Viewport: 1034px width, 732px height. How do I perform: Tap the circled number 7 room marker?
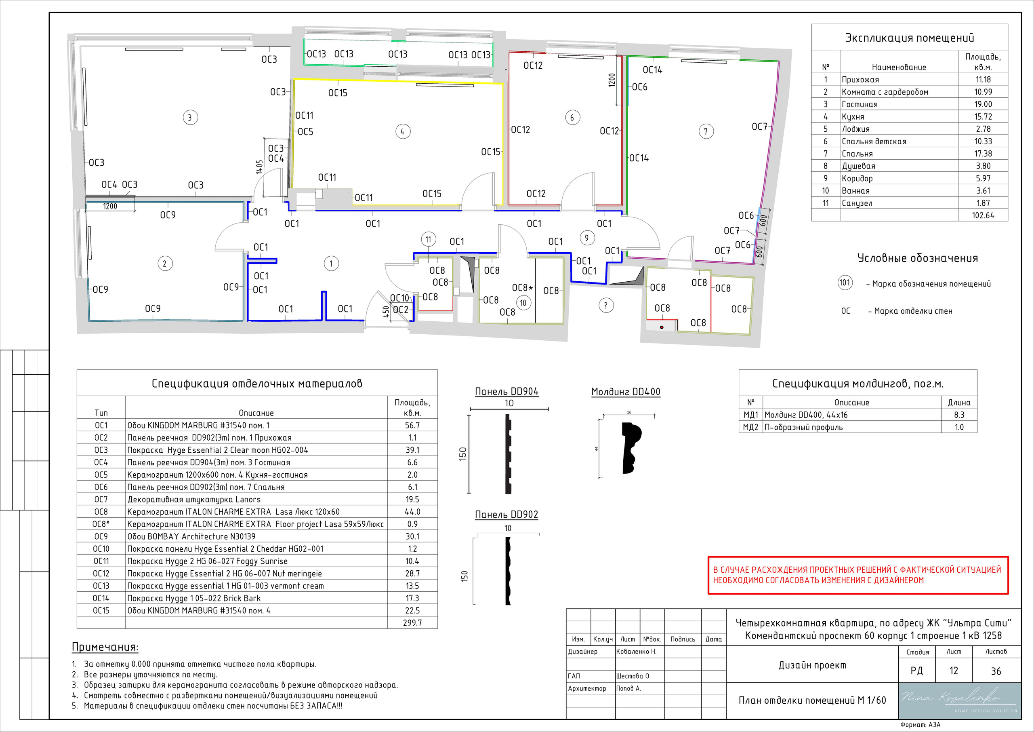coord(706,132)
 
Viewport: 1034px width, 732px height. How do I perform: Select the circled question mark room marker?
coord(606,306)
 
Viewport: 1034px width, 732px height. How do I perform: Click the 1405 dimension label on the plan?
coord(259,167)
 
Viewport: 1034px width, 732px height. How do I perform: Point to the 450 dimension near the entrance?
coord(386,312)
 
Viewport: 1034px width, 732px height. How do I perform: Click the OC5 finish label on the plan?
coord(305,132)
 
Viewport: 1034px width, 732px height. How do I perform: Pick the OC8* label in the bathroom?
coord(522,287)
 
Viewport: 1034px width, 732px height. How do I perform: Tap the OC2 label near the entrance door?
coord(401,310)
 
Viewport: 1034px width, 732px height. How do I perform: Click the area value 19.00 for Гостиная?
coord(983,104)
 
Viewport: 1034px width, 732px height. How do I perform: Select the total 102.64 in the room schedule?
coord(983,215)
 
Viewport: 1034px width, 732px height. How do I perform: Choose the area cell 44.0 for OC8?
coord(412,512)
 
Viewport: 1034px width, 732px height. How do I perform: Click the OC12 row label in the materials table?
coord(101,573)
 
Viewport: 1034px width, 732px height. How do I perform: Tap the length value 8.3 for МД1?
coord(959,415)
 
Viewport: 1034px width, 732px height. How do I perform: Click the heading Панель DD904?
coord(506,392)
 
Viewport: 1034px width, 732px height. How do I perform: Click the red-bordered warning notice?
coord(858,575)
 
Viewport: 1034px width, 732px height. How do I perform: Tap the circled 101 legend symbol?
coord(845,283)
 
